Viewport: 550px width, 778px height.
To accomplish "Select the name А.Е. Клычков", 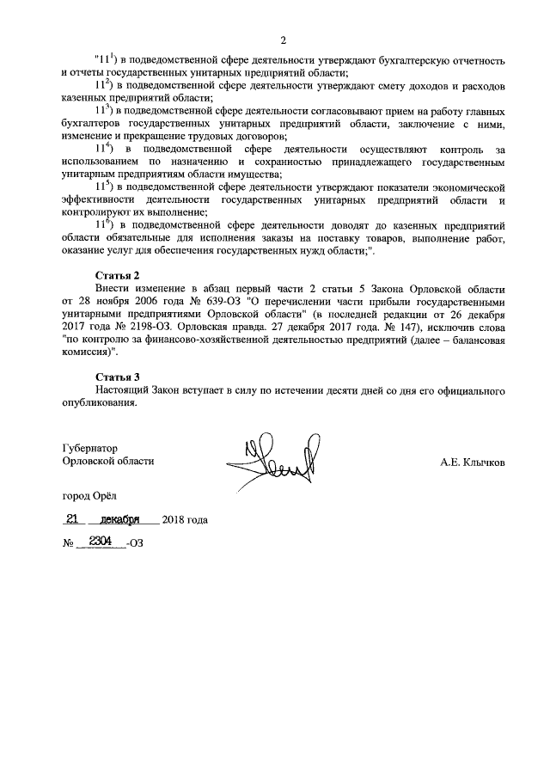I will tap(473, 462).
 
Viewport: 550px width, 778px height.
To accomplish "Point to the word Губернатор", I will tap(89, 448).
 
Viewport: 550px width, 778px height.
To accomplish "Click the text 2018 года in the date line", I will tap(186, 521).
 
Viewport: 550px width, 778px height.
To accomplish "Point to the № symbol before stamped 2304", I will tap(67, 544).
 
